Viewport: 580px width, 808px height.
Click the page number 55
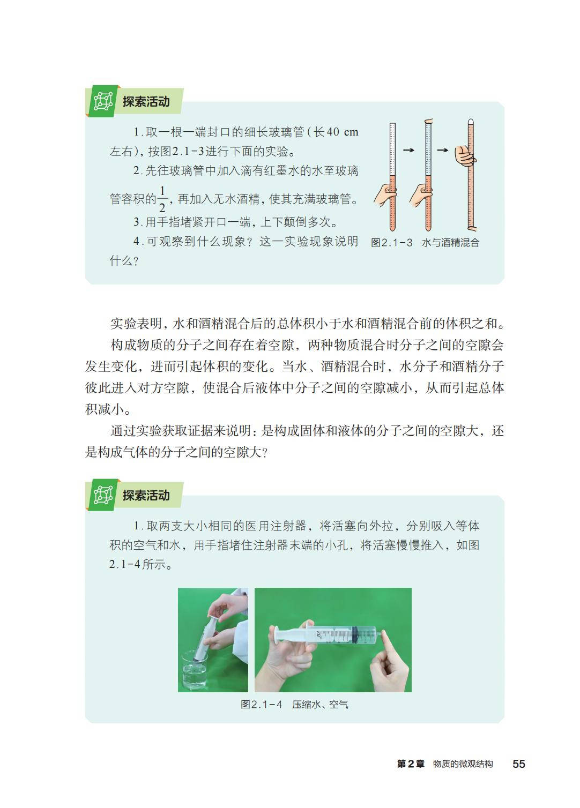pyautogui.click(x=519, y=764)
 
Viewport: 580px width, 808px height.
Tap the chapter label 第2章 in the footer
pyautogui.click(x=411, y=764)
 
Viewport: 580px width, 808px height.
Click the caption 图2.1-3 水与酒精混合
pyautogui.click(x=425, y=242)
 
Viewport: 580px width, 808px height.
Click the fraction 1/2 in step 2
pyautogui.click(x=162, y=199)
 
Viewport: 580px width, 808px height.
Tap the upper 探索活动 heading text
pyautogui.click(x=146, y=102)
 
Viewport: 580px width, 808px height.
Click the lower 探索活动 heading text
pyautogui.click(x=146, y=496)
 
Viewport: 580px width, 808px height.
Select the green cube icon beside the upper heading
pyautogui.click(x=103, y=101)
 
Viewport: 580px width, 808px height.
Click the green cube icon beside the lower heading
pyautogui.click(x=103, y=495)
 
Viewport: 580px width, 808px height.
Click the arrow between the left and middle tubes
pyautogui.click(x=408, y=149)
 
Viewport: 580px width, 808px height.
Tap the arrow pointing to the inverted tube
pyautogui.click(x=443, y=149)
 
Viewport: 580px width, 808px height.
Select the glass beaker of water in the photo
pyautogui.click(x=195, y=669)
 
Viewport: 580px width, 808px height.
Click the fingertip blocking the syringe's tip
pyautogui.click(x=383, y=634)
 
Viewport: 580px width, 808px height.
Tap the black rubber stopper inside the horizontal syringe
pyautogui.click(x=355, y=634)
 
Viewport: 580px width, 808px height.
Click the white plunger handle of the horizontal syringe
pyautogui.click(x=277, y=634)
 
